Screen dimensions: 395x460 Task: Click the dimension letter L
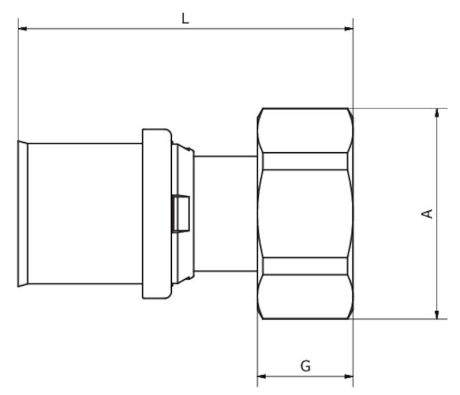pyautogui.click(x=185, y=18)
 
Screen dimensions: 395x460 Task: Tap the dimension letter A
pyautogui.click(x=427, y=213)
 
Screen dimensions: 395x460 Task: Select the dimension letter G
pyautogui.click(x=305, y=366)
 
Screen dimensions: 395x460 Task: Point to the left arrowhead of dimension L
pyautogui.click(x=23, y=29)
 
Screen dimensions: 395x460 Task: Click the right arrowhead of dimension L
pyautogui.click(x=349, y=29)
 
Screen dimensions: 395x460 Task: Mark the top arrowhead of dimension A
pyautogui.click(x=436, y=113)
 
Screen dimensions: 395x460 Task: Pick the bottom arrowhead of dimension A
pyautogui.click(x=436, y=314)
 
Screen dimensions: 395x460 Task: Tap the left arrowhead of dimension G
pyautogui.click(x=262, y=376)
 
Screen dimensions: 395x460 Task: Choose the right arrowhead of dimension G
pyautogui.click(x=349, y=376)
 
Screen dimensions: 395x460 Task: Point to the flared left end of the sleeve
pyautogui.click(x=22, y=214)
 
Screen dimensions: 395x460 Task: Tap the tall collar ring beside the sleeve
pyautogui.click(x=156, y=214)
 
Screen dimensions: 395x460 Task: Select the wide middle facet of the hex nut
pyautogui.click(x=305, y=213)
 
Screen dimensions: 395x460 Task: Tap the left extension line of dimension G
pyautogui.click(x=257, y=352)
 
